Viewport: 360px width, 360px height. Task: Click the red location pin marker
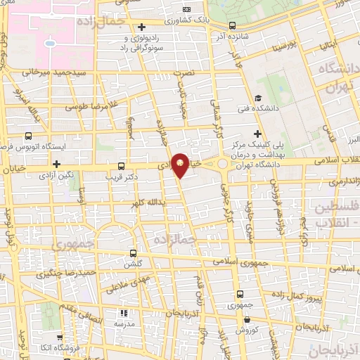coord(181,165)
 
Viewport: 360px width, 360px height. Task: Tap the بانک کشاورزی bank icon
coord(186,9)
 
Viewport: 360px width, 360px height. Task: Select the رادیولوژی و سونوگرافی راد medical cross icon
coord(142,26)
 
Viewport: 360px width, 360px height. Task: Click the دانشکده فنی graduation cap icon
coord(258,98)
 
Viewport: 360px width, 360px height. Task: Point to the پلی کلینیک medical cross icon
coord(258,134)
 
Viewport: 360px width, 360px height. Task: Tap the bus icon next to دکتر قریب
coord(121,167)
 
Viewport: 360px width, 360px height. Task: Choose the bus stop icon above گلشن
coord(134,254)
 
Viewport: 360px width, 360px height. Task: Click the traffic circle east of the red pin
coord(222,165)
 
